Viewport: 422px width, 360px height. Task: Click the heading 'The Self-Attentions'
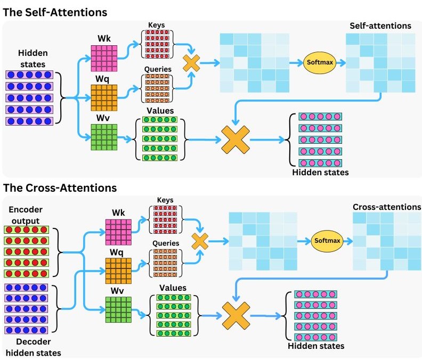coord(55,12)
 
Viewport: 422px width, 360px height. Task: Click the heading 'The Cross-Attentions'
coord(60,187)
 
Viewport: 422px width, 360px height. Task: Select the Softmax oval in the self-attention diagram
coord(319,62)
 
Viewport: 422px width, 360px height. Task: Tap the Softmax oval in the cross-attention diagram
coord(326,240)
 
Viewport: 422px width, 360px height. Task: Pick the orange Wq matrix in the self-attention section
coord(103,97)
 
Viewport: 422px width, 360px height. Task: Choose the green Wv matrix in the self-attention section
coord(103,137)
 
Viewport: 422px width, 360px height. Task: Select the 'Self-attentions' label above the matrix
coord(380,26)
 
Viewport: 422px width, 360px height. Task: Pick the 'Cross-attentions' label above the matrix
coord(387,207)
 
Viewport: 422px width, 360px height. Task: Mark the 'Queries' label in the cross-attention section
coord(165,243)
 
